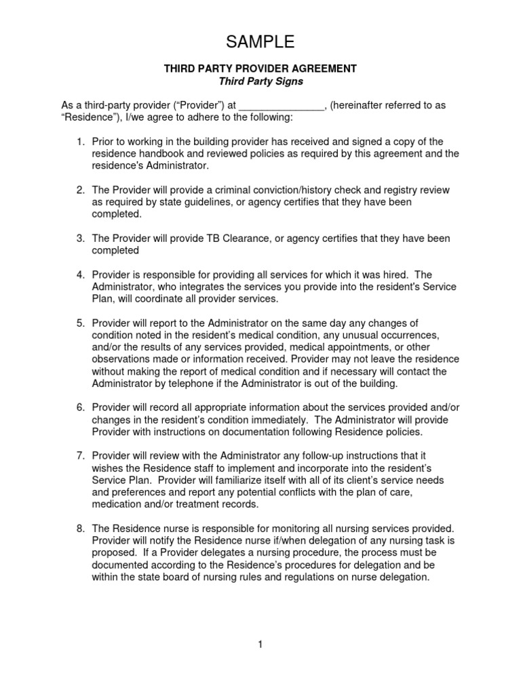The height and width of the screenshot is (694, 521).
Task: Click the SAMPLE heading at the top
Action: [260, 42]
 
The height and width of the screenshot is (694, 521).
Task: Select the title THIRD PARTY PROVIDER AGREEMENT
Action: [260, 69]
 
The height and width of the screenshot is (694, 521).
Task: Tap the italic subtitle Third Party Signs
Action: [260, 81]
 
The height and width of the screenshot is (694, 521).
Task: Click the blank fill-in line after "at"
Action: [282, 106]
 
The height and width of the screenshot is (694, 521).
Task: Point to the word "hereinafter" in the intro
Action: [365, 106]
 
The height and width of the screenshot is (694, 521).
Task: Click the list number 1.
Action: [79, 142]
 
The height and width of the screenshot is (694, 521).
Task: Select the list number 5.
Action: [79, 322]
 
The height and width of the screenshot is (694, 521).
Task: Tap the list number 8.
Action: [79, 528]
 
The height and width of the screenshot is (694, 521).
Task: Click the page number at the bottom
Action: [260, 644]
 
